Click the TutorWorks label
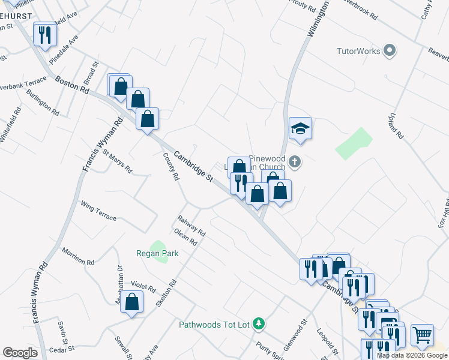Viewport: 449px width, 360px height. (358, 51)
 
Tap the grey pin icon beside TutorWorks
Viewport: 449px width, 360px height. (390, 51)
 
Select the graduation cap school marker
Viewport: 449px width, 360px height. (300, 128)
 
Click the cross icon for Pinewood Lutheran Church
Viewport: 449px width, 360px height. (294, 161)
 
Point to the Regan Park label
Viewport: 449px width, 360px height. (162, 254)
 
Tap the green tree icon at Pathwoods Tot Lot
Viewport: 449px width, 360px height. (259, 324)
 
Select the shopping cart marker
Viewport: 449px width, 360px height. (423, 335)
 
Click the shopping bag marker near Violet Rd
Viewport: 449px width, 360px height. (132, 302)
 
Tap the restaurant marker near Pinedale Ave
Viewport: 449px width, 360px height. (44, 35)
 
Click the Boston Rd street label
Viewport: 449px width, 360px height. (71, 83)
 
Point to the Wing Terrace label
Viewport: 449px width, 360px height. (98, 211)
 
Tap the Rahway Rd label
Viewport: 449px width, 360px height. (191, 226)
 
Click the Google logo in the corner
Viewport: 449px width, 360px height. (20, 353)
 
